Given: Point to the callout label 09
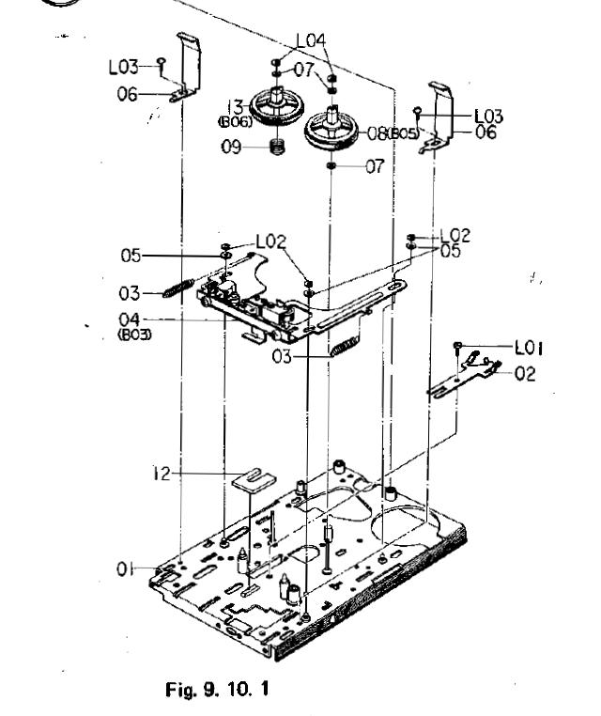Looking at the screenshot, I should (232, 148).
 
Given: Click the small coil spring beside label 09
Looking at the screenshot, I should (278, 148).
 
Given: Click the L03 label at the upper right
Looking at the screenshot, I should (488, 117).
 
